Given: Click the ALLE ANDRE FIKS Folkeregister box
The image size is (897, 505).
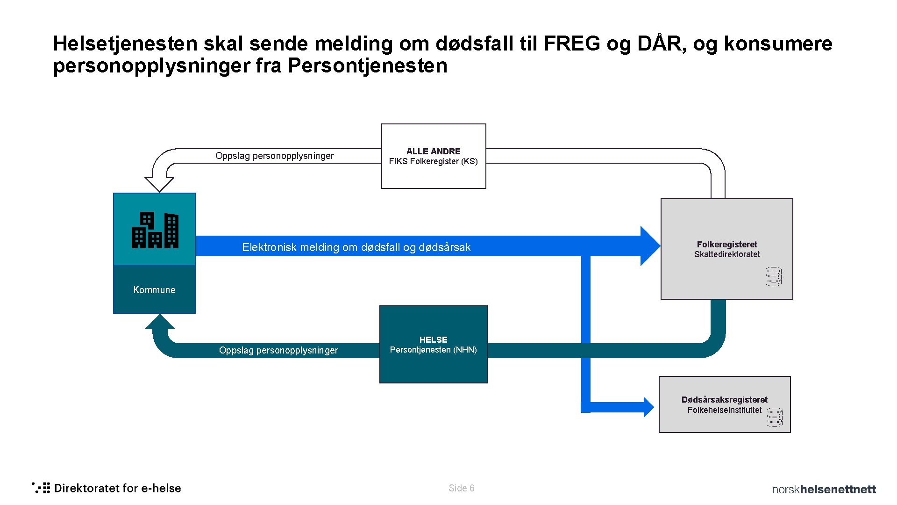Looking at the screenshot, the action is coord(434,156).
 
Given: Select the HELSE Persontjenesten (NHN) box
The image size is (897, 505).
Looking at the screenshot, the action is coord(434,345).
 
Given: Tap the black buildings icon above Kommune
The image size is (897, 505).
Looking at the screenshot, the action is coord(155,230).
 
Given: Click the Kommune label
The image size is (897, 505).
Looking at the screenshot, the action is coord(154,290).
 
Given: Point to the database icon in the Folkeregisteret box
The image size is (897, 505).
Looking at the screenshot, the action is coord(774,276).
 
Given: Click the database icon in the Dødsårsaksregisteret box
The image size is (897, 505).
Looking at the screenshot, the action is coord(775,417).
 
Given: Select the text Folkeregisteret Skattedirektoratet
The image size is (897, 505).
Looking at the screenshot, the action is coord(727,249).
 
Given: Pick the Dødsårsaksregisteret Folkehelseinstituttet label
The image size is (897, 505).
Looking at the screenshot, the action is coord(724,405).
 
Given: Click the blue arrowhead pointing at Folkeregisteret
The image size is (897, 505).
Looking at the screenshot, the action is coord(649,246).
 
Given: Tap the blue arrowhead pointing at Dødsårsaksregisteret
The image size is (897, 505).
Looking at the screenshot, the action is coord(648,407).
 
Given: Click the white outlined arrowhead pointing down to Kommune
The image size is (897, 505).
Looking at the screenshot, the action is coord(159,184).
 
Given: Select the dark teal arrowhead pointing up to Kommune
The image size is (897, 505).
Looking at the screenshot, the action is coord(160,322).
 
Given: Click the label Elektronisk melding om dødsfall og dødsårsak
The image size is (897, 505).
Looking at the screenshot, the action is coord(356,247).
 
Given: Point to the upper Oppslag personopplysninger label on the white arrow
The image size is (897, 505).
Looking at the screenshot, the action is coord(275,156).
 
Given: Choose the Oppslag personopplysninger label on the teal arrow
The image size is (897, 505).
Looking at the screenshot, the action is coord(278,350).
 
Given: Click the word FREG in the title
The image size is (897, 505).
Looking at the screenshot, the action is coord(572,43).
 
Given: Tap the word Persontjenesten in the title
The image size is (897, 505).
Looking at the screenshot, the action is coord(368,65).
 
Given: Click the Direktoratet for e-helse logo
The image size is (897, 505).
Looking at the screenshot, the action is coord(107,488).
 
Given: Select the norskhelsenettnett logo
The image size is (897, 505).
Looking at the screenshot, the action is coord(824,489).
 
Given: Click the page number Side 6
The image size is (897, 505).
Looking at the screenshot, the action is coord(462,488).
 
